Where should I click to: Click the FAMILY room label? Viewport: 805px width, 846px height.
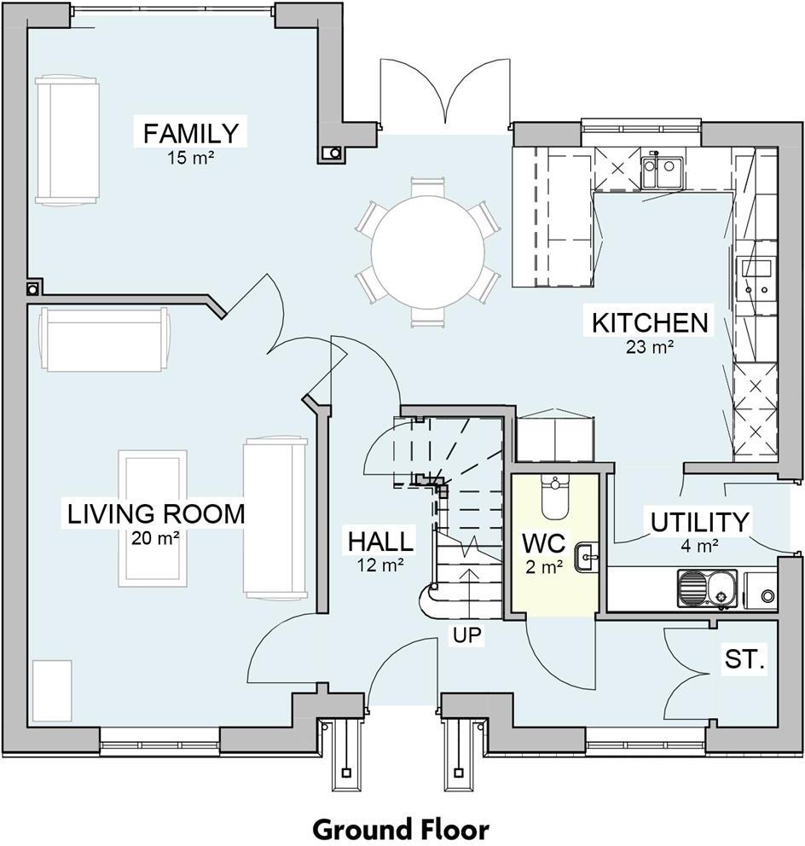pyautogui.click(x=190, y=133)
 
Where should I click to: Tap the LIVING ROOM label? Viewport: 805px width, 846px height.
pyautogui.click(x=156, y=513)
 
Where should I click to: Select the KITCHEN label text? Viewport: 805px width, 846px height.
pyautogui.click(x=650, y=322)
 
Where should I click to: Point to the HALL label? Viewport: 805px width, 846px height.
pyautogui.click(x=380, y=542)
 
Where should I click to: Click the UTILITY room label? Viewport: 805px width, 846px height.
pyautogui.click(x=700, y=522)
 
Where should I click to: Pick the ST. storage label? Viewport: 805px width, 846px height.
pyautogui.click(x=744, y=658)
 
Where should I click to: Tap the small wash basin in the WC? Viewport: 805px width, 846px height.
pyautogui.click(x=587, y=557)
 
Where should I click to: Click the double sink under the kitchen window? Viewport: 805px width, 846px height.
pyautogui.click(x=662, y=172)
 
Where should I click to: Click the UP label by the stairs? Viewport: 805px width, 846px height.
pyautogui.click(x=466, y=635)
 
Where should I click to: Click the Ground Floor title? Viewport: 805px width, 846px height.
pyautogui.click(x=402, y=828)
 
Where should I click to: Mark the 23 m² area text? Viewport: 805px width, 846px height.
pyautogui.click(x=650, y=346)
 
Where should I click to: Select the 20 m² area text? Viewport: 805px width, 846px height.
pyautogui.click(x=155, y=538)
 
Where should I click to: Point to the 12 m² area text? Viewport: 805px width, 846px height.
pyautogui.click(x=380, y=565)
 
